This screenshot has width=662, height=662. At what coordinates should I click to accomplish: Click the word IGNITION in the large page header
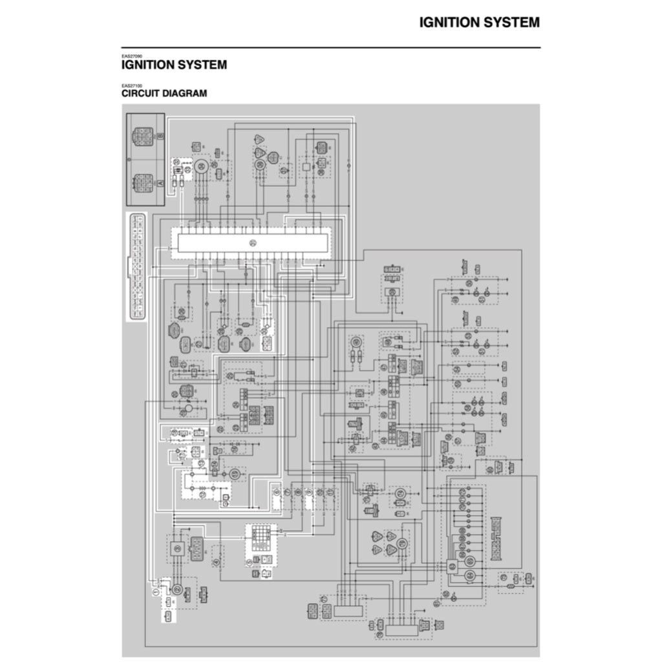pyautogui.click(x=450, y=23)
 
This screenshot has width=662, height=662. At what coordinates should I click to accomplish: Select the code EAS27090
pyautogui.click(x=131, y=56)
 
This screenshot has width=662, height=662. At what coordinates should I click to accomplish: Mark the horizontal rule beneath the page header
pyautogui.click(x=331, y=47)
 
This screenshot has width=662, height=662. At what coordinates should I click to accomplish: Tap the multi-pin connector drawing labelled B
pyautogui.click(x=142, y=136)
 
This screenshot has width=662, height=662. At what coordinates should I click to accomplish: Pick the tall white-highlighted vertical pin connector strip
pyautogui.click(x=135, y=266)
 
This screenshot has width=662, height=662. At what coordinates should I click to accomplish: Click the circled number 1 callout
pyautogui.click(x=155, y=592)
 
